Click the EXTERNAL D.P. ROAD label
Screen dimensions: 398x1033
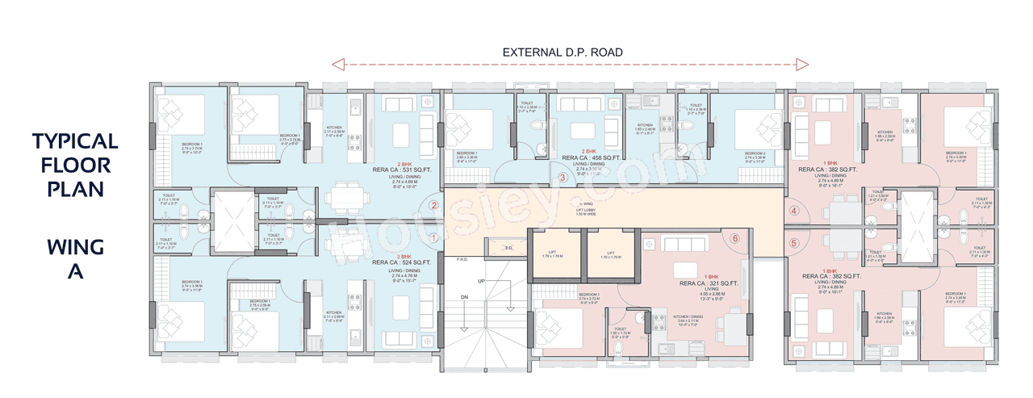point(563,52)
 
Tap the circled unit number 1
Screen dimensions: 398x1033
point(433,237)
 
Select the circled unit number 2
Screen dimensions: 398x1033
point(433,205)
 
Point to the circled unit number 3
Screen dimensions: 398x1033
point(563,178)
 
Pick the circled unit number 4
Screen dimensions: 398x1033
point(794,212)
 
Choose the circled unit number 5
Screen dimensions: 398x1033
point(794,242)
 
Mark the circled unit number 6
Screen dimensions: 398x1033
point(734,238)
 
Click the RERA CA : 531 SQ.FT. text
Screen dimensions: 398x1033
point(402,170)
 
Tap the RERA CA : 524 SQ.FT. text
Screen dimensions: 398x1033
point(402,262)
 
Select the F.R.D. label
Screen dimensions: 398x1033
point(462,260)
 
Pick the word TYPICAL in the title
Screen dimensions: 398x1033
point(75,141)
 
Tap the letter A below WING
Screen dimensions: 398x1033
point(75,272)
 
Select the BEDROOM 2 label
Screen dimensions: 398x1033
point(755,153)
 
